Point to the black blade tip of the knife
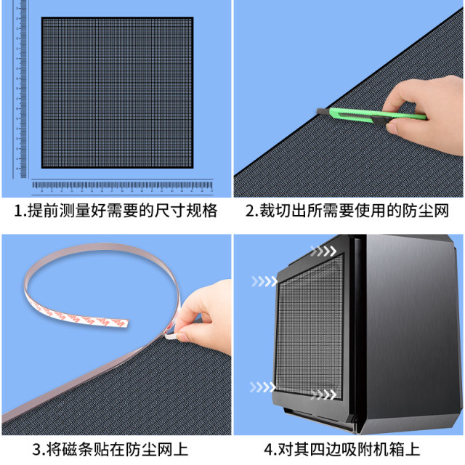[320, 110]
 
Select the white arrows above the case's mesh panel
[323, 251]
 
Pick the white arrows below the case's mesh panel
[324, 395]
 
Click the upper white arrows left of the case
[265, 280]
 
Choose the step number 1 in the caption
[19, 211]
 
